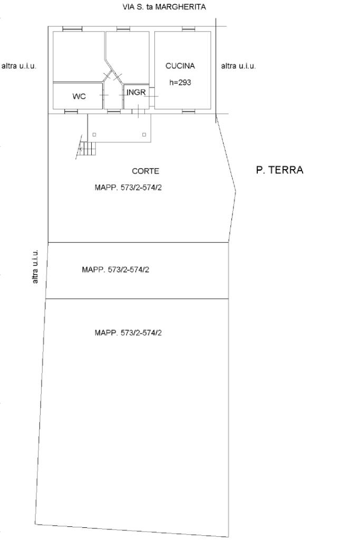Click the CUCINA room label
point(180,66)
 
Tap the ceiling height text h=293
point(180,82)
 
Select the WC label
point(79,96)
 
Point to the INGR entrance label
point(136,92)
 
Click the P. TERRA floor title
point(280,170)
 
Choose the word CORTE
point(145,171)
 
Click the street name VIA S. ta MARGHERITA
point(164,6)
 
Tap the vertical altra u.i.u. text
point(35,267)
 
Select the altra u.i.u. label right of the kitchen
point(238,66)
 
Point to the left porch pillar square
point(94,135)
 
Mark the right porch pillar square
point(144,135)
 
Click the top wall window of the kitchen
point(189,29)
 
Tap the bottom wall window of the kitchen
point(189,111)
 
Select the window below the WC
point(71,111)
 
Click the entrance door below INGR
point(138,111)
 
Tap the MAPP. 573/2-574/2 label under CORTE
point(128,188)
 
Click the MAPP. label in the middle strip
point(115,270)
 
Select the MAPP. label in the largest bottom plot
point(128,332)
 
